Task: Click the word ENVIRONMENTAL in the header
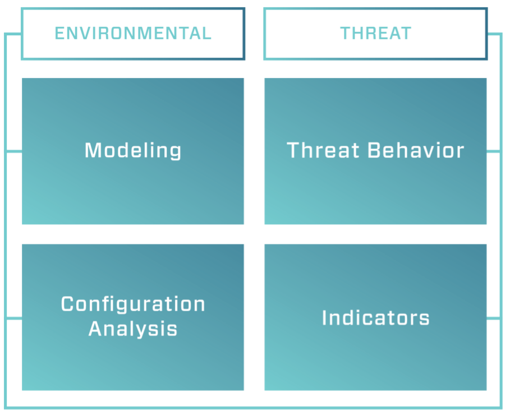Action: click(133, 34)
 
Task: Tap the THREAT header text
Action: click(376, 34)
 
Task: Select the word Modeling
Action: click(133, 150)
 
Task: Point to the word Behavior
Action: click(416, 150)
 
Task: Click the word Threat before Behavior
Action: click(323, 150)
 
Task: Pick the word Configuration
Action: click(133, 304)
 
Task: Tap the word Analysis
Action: click(133, 329)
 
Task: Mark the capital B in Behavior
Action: click(374, 150)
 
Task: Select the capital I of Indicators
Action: click(324, 317)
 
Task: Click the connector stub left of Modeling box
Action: click(14, 151)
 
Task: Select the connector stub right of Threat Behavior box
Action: click(493, 151)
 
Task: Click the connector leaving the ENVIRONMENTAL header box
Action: click(13, 34)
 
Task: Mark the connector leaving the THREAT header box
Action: click(494, 34)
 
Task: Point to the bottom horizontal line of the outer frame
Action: click(253, 407)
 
